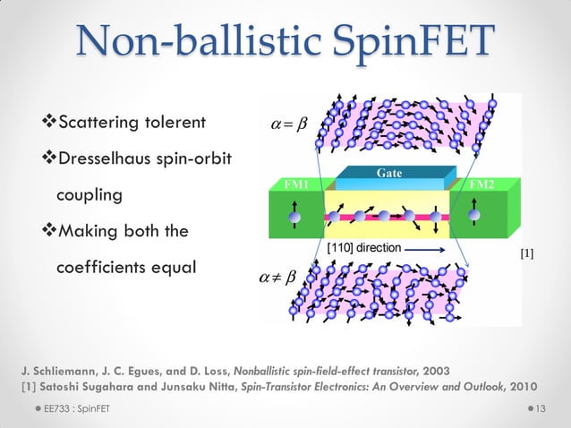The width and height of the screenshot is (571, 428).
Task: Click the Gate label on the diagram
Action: [388, 171]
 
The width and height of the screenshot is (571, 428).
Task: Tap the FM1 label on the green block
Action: [295, 184]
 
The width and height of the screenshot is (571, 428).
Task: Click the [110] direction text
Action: [368, 244]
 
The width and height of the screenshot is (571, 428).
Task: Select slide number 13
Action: [541, 408]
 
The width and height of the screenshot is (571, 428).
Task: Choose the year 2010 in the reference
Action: [522, 387]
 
